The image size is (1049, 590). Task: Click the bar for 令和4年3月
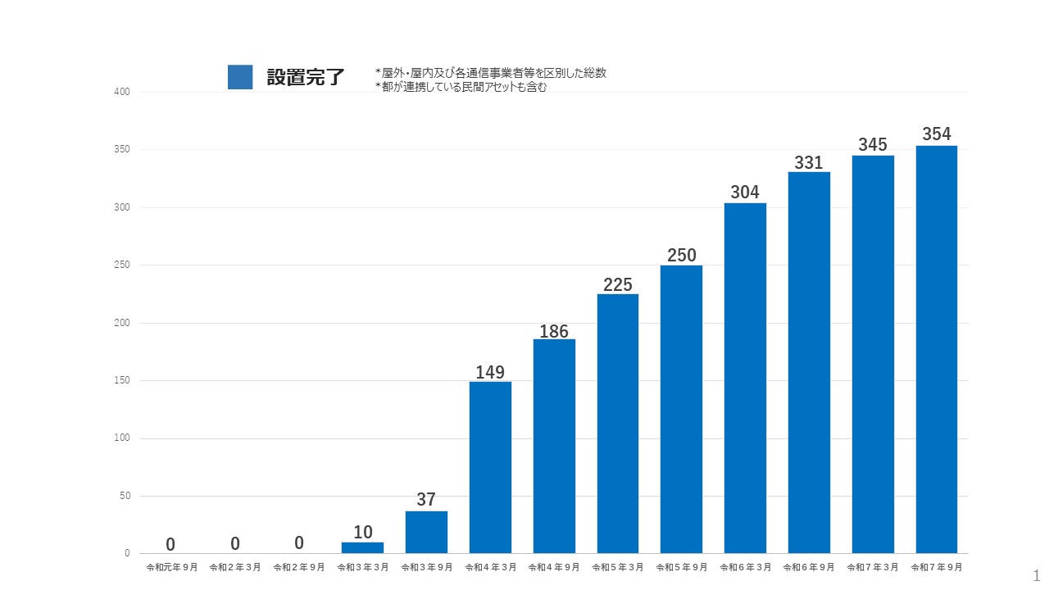(x=490, y=467)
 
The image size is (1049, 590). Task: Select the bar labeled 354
(x=937, y=349)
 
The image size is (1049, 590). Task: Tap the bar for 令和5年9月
(x=681, y=409)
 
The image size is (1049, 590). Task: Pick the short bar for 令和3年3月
(x=362, y=547)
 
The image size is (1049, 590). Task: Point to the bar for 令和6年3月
(x=745, y=378)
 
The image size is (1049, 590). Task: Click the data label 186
(x=554, y=332)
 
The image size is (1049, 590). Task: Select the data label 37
(x=426, y=499)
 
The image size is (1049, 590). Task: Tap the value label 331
(x=809, y=163)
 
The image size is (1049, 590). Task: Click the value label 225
(x=617, y=284)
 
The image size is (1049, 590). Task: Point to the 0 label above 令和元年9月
(x=170, y=544)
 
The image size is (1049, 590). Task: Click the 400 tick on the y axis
(x=122, y=93)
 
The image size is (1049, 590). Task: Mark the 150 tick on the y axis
(x=122, y=381)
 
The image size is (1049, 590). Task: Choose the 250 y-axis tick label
(x=122, y=265)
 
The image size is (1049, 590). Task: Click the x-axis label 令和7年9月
(x=937, y=567)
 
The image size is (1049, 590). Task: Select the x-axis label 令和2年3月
(x=235, y=567)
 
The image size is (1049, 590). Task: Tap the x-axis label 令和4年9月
(x=554, y=567)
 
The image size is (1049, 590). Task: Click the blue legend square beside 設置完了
(x=240, y=77)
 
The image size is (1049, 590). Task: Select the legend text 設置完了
(x=306, y=78)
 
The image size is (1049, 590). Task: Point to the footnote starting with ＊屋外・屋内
(x=491, y=73)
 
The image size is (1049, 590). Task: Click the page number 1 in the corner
(x=1037, y=575)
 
